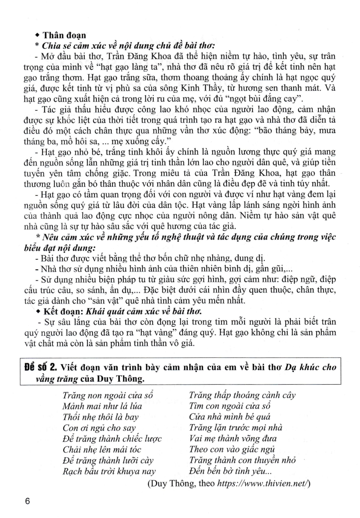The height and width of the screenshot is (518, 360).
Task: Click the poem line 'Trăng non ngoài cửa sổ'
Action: point(108,395)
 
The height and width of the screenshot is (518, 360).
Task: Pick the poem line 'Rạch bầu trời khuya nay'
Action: point(109,471)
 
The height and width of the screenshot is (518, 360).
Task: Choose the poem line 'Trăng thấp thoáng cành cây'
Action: point(242,395)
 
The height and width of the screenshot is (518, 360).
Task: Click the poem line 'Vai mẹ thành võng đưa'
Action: point(233,439)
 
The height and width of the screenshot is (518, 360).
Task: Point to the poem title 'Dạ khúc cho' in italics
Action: point(310,367)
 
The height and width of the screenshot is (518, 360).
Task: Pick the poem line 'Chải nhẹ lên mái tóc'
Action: point(102,450)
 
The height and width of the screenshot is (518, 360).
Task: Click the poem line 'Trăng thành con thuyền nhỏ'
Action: point(242,460)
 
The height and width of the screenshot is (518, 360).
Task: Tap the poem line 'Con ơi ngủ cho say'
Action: point(99,428)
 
